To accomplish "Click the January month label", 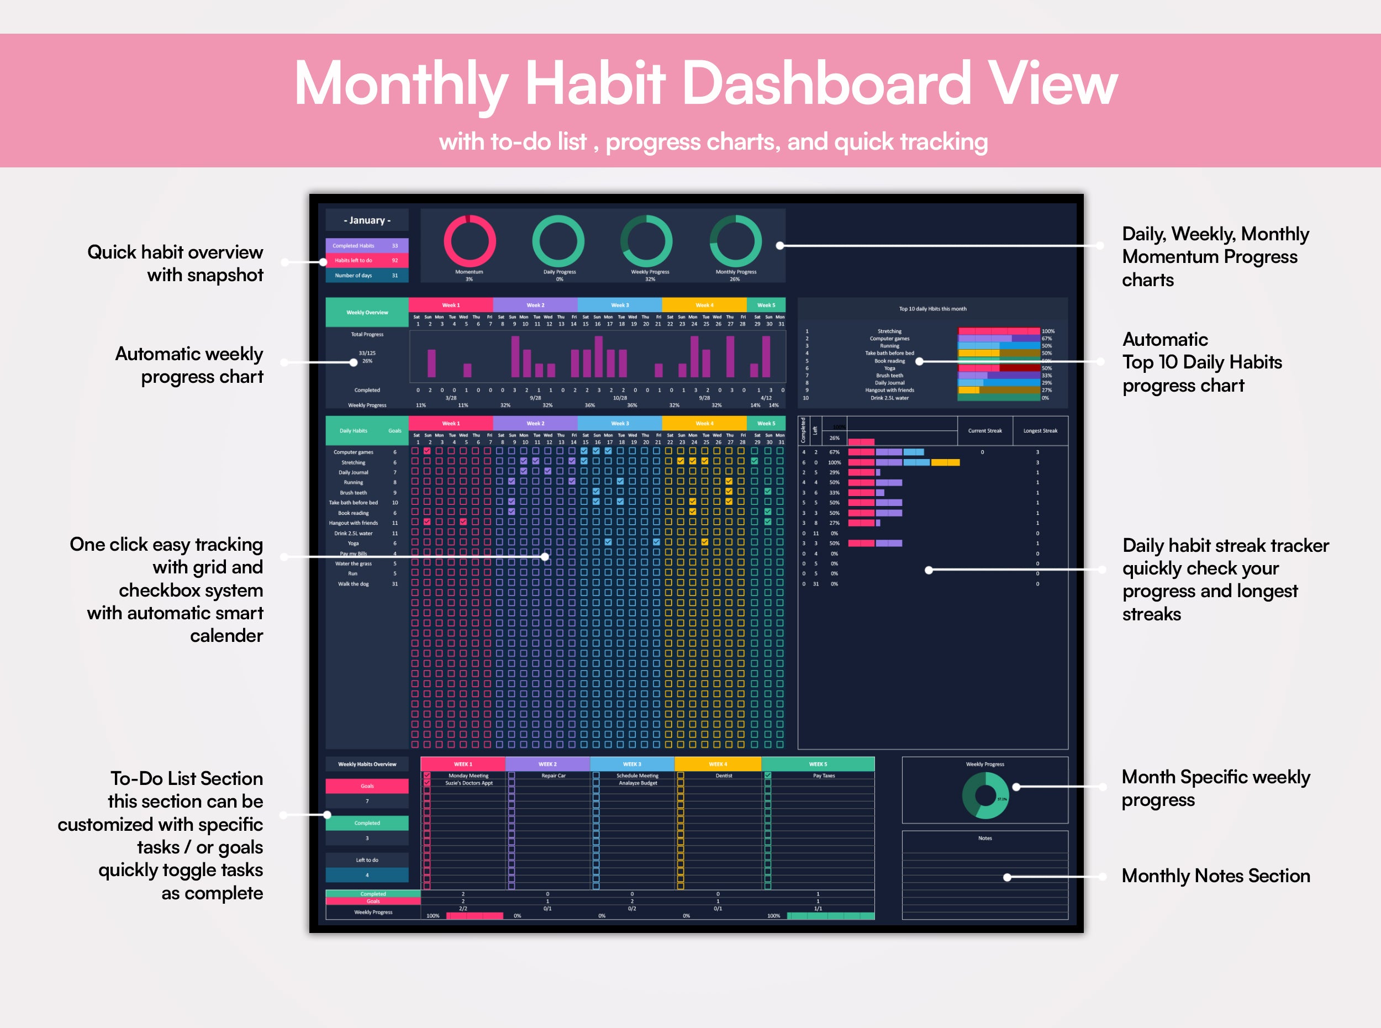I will [x=367, y=220].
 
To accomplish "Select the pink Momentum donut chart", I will [x=469, y=241].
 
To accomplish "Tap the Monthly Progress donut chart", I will [x=736, y=241].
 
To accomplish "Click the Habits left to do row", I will [x=367, y=261].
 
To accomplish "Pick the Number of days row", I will [x=367, y=276].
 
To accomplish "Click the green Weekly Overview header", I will [x=367, y=313].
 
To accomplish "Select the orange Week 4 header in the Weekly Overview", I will [x=704, y=305].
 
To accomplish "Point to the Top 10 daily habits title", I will [x=932, y=309].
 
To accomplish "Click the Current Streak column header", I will [x=984, y=431].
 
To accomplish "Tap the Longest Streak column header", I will [x=1040, y=431].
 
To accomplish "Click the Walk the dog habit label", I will [x=354, y=584].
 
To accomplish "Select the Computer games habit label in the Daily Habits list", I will [x=354, y=452].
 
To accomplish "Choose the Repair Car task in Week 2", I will [x=554, y=776].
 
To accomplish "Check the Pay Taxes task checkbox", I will [x=768, y=776].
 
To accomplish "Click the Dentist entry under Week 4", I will [x=724, y=776].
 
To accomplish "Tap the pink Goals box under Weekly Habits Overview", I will [x=367, y=786].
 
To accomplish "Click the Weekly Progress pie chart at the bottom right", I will [x=985, y=795].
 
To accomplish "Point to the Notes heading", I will [x=984, y=838].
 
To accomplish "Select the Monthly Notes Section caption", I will [x=1215, y=876].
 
